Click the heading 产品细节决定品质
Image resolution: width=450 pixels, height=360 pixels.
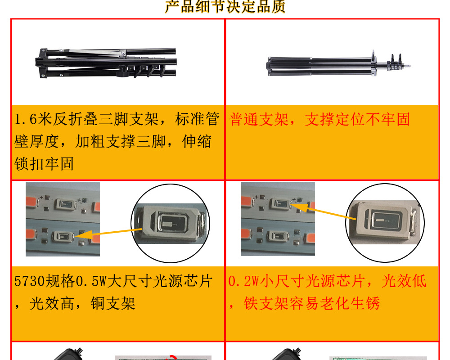(x=225, y=7)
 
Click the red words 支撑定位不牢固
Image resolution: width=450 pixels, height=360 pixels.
(x=357, y=120)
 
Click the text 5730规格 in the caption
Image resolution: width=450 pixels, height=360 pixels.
(x=44, y=282)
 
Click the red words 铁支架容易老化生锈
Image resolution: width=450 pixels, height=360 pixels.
(x=312, y=304)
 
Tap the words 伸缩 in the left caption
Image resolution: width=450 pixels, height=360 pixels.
(x=197, y=142)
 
